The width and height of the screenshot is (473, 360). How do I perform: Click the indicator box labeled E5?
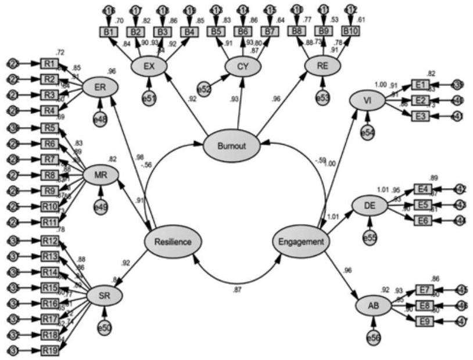pyautogui.click(x=423, y=204)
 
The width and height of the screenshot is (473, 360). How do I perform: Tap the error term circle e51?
pyautogui.click(x=150, y=99)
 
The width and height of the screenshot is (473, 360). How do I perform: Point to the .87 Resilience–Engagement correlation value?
pyautogui.click(x=237, y=289)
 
